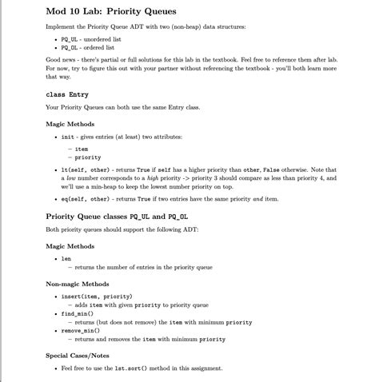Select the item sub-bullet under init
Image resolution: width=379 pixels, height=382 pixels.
[82, 148]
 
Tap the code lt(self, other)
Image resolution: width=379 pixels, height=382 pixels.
[86, 169]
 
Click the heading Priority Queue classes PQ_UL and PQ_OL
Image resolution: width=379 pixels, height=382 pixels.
[117, 216]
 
